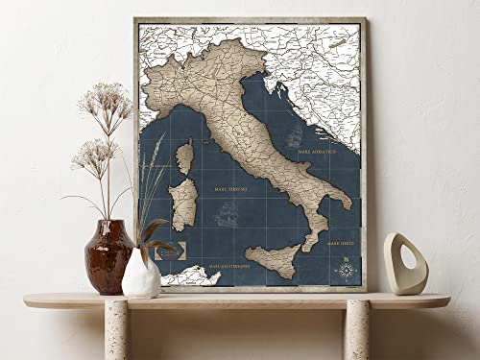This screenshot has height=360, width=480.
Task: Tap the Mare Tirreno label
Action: pos(229,190)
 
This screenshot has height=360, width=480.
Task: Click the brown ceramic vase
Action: pos(108,256)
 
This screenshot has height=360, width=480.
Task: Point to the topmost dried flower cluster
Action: pos(107,98)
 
